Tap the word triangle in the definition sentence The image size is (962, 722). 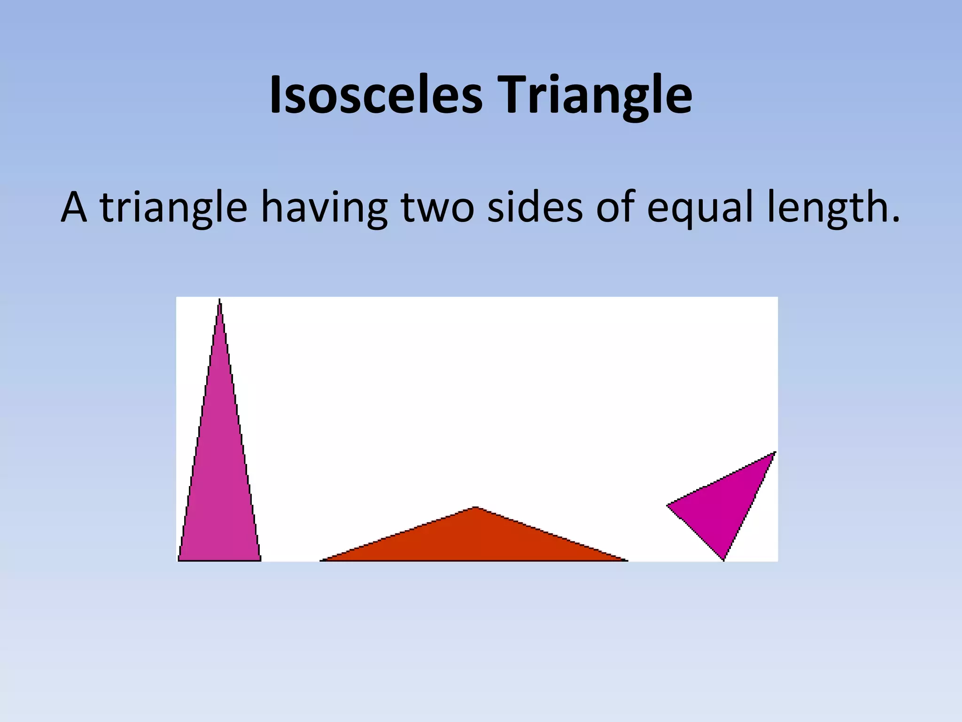(x=173, y=207)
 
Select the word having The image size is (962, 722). (x=324, y=207)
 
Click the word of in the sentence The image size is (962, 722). (x=615, y=207)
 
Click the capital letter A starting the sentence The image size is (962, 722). (x=74, y=207)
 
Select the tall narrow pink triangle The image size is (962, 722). (x=219, y=470)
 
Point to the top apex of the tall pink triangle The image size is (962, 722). (x=219, y=301)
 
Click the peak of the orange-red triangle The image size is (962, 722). (x=475, y=507)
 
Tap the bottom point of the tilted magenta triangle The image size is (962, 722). (x=723, y=560)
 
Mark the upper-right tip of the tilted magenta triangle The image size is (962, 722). (x=775, y=452)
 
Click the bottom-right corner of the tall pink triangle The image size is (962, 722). (x=260, y=560)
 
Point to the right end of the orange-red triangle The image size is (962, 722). (x=627, y=560)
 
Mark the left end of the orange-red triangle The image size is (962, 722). (x=321, y=560)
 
